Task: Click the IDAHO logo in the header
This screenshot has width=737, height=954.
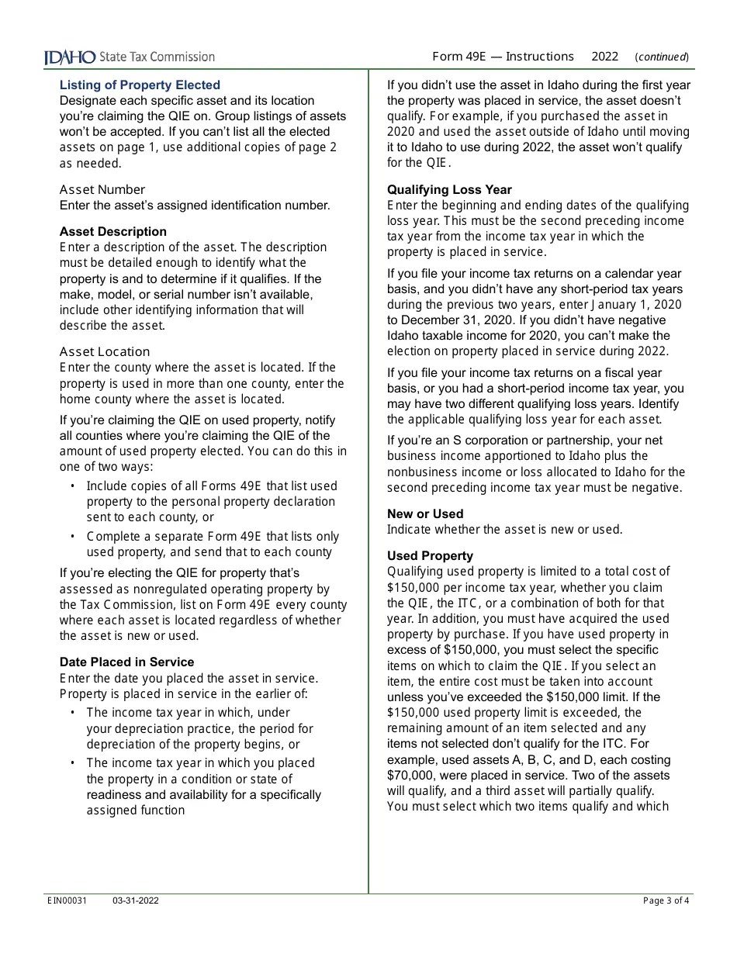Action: tap(70, 57)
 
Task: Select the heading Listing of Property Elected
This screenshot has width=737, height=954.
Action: tap(140, 85)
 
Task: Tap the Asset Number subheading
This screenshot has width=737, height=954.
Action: tap(102, 190)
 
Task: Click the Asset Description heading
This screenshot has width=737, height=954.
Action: tap(113, 232)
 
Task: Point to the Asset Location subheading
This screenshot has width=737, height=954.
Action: tap(105, 352)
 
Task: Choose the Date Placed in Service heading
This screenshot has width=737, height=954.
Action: tap(127, 662)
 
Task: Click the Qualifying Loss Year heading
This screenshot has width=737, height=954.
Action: tap(450, 190)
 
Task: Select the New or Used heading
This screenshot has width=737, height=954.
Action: tap(425, 514)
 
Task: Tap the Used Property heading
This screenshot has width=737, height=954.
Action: tap(430, 556)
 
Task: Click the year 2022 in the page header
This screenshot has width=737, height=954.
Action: tap(605, 57)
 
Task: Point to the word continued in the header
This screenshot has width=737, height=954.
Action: tap(662, 57)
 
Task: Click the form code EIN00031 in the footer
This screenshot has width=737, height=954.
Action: tap(67, 900)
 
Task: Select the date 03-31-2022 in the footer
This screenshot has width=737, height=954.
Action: tap(136, 900)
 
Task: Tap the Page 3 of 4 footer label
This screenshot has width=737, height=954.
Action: tap(666, 900)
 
